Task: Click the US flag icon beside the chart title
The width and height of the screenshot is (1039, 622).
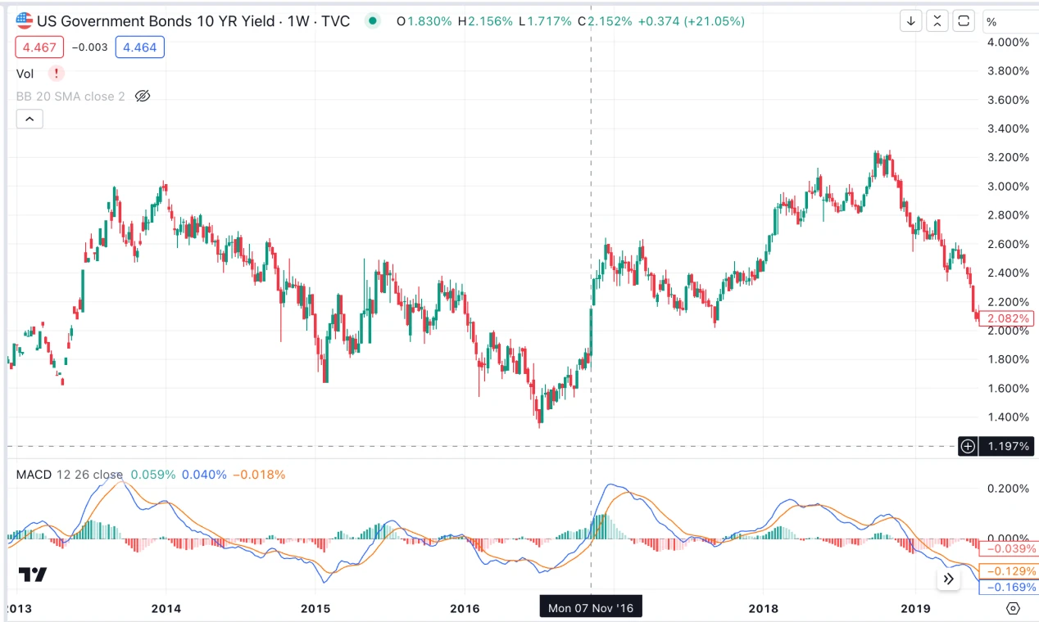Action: point(25,21)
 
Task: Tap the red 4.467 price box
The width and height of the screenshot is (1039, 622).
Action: point(39,47)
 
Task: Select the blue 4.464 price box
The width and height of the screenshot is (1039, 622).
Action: point(139,47)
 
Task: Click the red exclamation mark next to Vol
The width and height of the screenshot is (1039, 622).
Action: point(56,74)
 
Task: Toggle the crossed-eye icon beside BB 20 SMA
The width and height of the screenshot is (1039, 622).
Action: point(143,97)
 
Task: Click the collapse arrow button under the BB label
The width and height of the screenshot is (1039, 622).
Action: point(29,119)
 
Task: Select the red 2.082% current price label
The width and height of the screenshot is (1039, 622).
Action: point(1008,318)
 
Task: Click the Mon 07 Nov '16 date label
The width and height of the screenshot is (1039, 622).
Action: point(591,608)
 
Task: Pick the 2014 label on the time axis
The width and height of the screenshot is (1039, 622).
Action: point(166,608)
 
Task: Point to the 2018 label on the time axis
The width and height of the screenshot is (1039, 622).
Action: point(762,608)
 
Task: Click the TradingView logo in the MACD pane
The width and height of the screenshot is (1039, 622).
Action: point(34,575)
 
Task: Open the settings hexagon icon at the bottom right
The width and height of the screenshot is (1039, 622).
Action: point(1013,608)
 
